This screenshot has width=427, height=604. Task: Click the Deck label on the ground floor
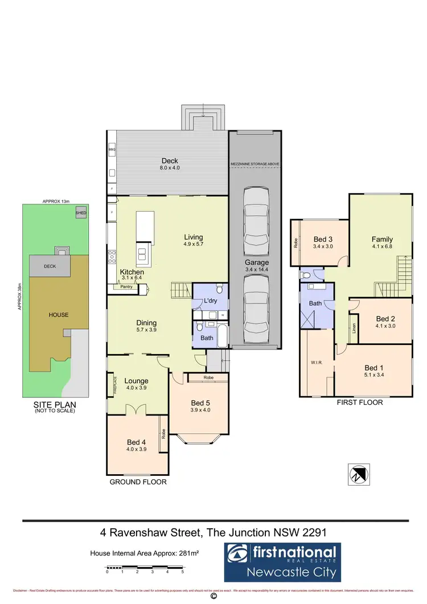(x=170, y=161)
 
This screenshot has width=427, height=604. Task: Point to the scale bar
(x=145, y=568)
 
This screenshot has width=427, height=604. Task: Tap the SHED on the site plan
(x=81, y=212)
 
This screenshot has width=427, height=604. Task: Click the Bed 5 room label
(x=201, y=403)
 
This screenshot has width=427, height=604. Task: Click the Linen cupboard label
(x=354, y=328)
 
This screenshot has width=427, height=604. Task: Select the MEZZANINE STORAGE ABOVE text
(x=254, y=164)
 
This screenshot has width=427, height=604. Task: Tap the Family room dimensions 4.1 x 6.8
(x=382, y=246)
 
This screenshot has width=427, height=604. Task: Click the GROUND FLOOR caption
(x=138, y=482)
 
